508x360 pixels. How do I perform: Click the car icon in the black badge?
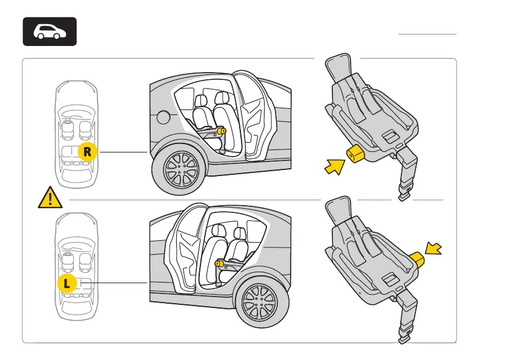[50, 31]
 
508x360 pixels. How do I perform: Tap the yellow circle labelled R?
[87, 152]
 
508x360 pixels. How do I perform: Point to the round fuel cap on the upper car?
[163, 117]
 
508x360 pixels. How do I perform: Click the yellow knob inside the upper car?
[222, 129]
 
